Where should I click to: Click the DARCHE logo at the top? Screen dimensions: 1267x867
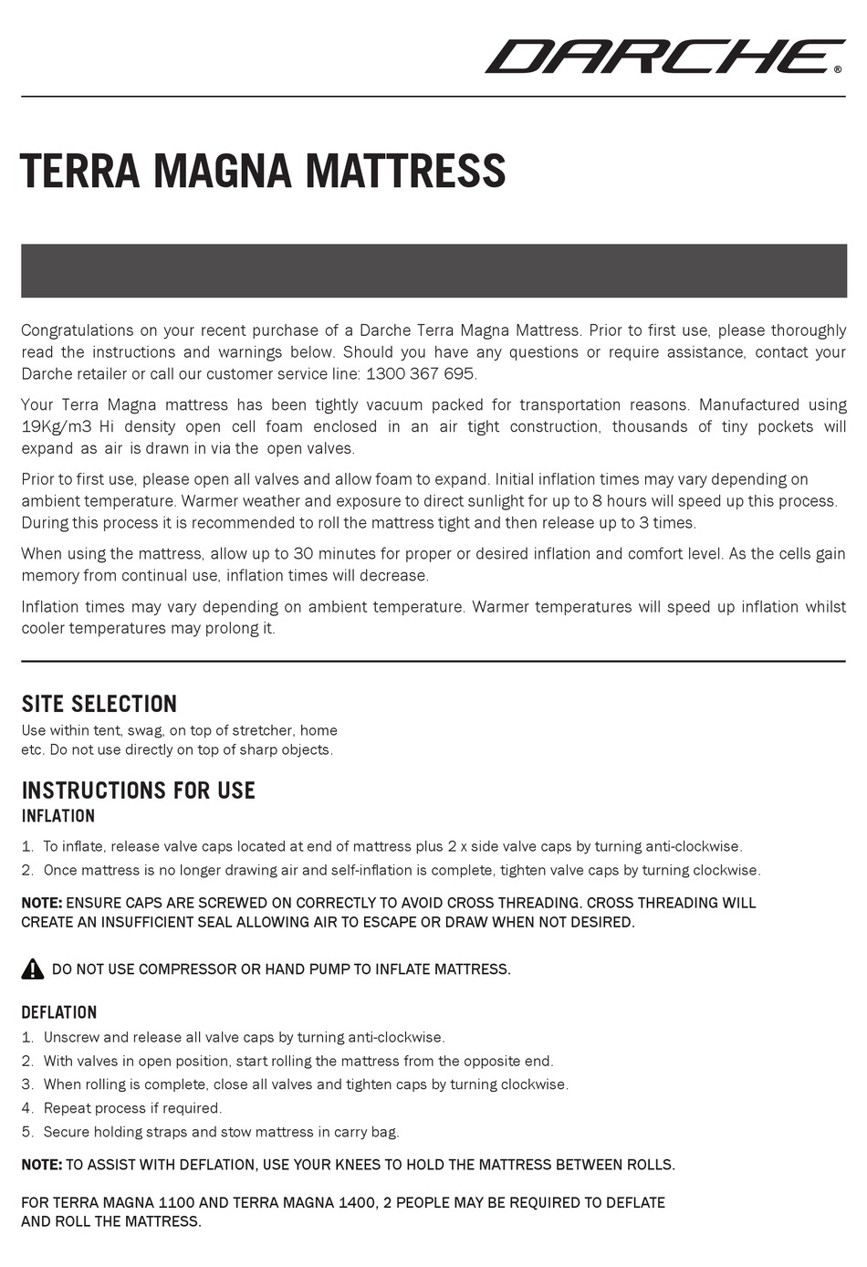pos(663,56)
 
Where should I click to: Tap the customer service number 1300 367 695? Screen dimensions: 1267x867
pos(421,374)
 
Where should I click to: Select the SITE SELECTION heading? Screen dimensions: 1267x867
pos(99,704)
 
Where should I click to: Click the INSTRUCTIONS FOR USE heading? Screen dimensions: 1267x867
pos(138,791)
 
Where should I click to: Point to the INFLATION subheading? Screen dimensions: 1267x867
pos(58,816)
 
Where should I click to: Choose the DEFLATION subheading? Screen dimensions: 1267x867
pos(59,1012)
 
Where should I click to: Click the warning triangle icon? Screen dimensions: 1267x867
pos(33,969)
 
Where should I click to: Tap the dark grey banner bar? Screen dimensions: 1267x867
pos(433,270)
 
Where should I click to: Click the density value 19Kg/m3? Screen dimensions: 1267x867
pos(57,426)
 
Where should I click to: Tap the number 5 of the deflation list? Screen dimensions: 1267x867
pos(26,1132)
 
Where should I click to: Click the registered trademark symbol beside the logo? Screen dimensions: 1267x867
pos(838,68)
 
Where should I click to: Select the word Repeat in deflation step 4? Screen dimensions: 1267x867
pos(68,1108)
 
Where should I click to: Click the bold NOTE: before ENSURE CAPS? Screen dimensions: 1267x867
pos(42,903)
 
